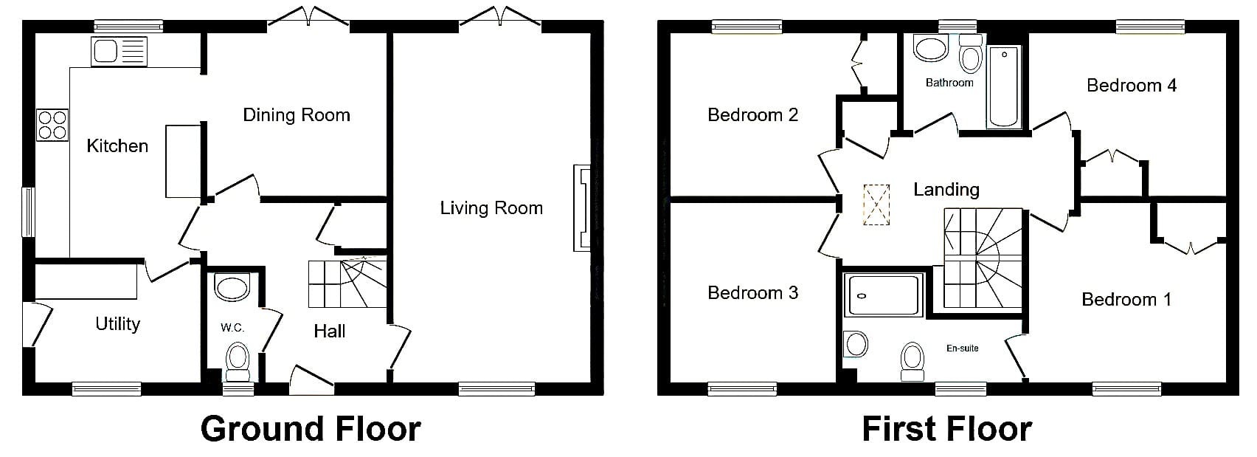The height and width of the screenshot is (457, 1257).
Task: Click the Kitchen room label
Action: (x=117, y=146)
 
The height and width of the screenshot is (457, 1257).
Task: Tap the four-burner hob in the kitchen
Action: (x=52, y=126)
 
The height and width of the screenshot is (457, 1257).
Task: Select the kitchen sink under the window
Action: (x=119, y=52)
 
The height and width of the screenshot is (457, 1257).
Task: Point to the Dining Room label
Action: (x=297, y=115)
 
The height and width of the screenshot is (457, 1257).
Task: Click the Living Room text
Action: (x=491, y=208)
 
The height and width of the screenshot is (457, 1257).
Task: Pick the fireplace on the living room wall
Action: (x=582, y=207)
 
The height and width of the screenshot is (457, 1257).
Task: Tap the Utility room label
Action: (x=117, y=324)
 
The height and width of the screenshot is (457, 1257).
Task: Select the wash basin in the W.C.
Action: (x=232, y=287)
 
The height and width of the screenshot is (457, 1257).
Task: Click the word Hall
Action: (x=330, y=331)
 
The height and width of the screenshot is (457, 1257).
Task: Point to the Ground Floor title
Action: (x=311, y=429)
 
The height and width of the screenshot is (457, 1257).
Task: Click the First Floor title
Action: (x=946, y=429)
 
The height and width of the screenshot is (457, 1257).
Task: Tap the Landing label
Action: (x=946, y=190)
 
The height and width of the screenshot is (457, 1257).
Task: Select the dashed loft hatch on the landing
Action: (x=876, y=205)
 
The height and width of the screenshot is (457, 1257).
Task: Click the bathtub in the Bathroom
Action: (x=1004, y=87)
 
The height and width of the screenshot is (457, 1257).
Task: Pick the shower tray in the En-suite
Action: (x=883, y=295)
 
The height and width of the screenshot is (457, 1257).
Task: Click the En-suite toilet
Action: (x=913, y=362)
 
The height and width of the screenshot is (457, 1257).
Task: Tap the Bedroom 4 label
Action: (x=1132, y=86)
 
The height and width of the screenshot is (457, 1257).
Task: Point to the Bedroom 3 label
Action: (x=752, y=292)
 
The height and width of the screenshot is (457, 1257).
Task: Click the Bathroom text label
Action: (x=949, y=83)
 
